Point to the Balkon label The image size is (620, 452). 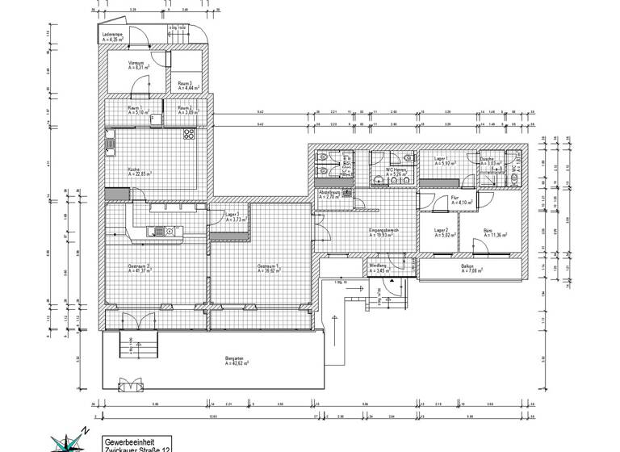click(467, 268)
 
